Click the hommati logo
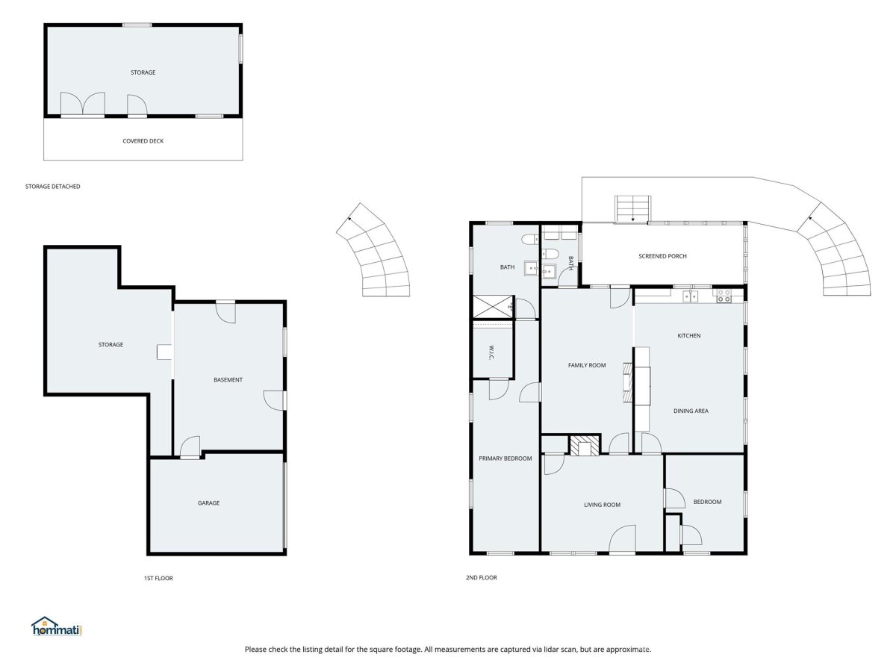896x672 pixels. (57, 626)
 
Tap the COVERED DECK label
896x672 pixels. (143, 141)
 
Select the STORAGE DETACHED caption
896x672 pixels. (53, 187)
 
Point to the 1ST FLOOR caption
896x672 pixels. (158, 578)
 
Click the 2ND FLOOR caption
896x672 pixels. (482, 577)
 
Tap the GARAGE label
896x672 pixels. (208, 503)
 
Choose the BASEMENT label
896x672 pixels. (228, 380)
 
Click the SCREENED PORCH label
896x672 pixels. (662, 256)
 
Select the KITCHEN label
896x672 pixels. (689, 336)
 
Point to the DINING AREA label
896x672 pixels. (691, 411)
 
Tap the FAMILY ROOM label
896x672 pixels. (587, 365)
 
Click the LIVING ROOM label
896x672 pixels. (602, 505)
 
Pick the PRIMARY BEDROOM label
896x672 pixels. (505, 458)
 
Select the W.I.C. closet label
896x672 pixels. (491, 353)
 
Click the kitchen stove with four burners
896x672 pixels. (724, 296)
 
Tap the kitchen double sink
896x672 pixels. (690, 296)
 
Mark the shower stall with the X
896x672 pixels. (493, 306)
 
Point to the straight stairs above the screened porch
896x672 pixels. (632, 209)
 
